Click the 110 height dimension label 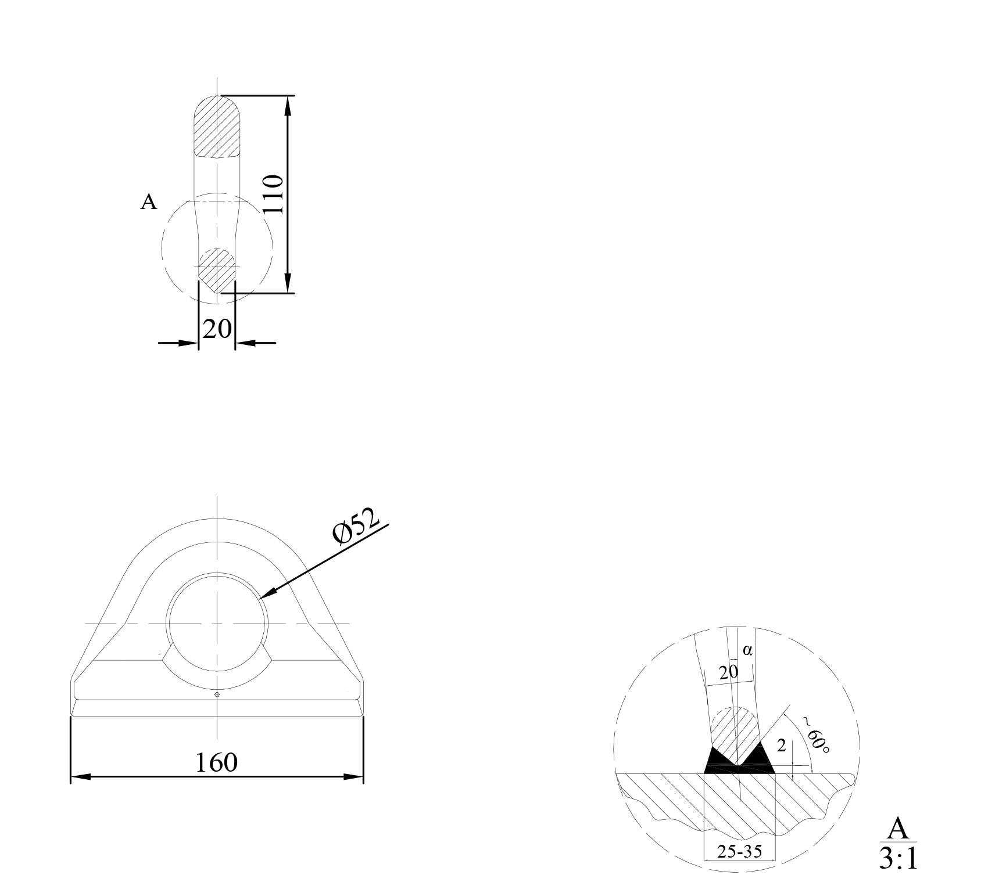273,195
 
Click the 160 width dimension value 216,762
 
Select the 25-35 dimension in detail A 739,852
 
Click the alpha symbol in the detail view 747,650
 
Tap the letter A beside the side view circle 149,202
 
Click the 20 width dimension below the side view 217,329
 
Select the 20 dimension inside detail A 728,673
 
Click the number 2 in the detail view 781,746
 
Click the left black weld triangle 716,759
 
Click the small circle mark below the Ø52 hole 217,694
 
